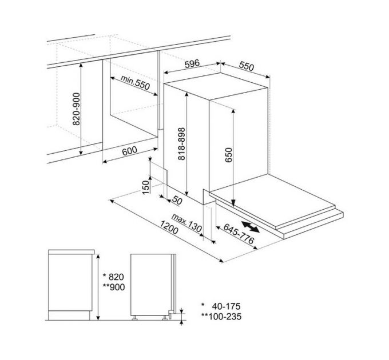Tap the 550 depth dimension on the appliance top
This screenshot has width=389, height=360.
(246, 66)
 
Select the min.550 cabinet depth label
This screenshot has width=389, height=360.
(135, 84)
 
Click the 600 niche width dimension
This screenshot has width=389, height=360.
(130, 152)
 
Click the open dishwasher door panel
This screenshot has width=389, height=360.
(275, 202)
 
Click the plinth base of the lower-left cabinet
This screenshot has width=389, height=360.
(70, 313)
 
